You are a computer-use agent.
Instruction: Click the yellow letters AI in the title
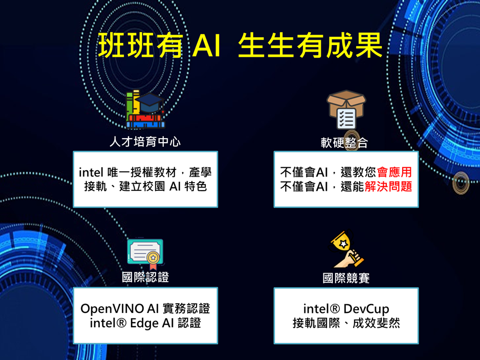tap(207, 46)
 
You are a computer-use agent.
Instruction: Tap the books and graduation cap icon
tap(145, 109)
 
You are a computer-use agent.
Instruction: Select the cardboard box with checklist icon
tap(346, 109)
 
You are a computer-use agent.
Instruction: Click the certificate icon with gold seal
tap(145, 254)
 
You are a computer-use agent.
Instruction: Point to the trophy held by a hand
tap(346, 250)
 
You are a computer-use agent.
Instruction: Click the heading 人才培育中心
tap(145, 142)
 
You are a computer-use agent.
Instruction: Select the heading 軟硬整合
tap(344, 143)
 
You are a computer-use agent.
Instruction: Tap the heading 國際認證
tap(145, 277)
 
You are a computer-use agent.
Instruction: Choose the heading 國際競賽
tap(346, 278)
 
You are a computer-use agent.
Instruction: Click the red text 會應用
tap(394, 172)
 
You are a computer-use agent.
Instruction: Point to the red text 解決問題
tap(388, 186)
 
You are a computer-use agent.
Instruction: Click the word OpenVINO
tap(112, 309)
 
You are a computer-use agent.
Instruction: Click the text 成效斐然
tap(376, 323)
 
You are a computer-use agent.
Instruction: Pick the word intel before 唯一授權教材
tap(91, 172)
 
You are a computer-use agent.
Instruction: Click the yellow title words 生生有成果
tap(310, 46)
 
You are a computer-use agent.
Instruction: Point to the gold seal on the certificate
tap(153, 258)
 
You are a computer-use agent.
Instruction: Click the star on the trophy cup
tap(343, 244)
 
